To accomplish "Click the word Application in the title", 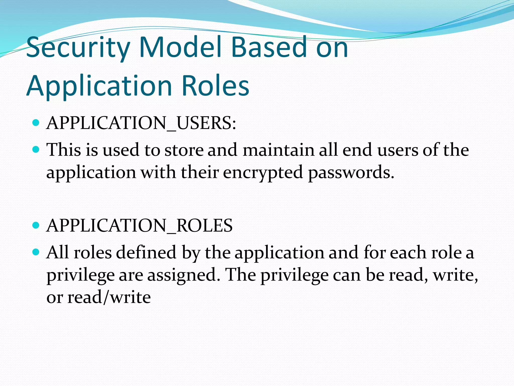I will click(x=99, y=87).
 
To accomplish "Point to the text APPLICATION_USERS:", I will click(x=141, y=123).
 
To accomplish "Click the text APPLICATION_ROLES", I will click(x=140, y=225).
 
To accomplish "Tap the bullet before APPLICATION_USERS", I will click(x=36, y=123).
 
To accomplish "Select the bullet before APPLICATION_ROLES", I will click(x=36, y=225).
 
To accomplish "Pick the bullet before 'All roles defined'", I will click(x=36, y=252).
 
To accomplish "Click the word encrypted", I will click(x=263, y=173).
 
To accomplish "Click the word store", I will click(x=184, y=150).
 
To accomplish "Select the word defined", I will click(x=146, y=252).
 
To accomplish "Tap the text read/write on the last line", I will click(x=109, y=297).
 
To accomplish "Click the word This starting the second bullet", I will click(x=64, y=150).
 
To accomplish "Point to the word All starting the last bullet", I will click(x=57, y=252).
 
